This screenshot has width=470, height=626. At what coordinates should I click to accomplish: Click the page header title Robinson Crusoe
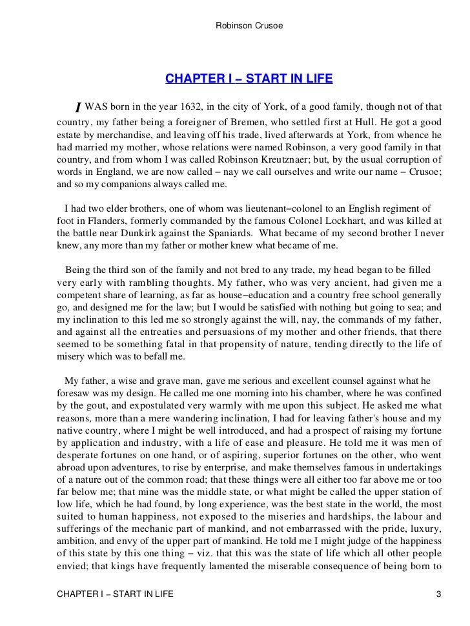(249, 26)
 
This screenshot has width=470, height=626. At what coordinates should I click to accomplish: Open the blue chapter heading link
(249, 79)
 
